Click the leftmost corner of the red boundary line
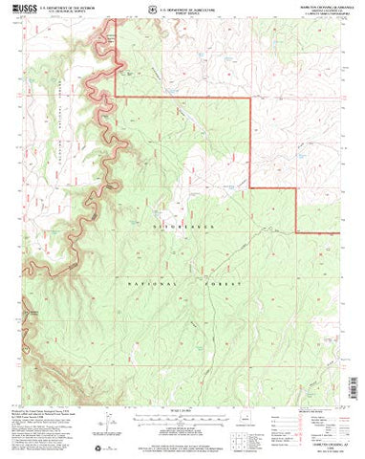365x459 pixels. [x=117, y=95]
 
